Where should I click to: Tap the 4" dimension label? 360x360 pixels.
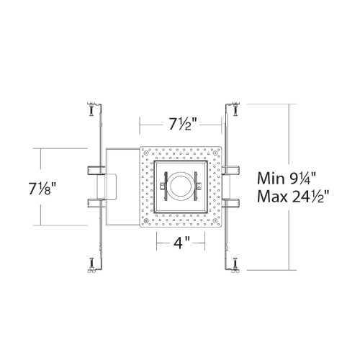[x=181, y=243]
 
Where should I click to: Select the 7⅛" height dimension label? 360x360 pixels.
[x=42, y=189]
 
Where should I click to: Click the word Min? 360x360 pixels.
[x=271, y=179]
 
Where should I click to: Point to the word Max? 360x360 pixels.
[x=272, y=197]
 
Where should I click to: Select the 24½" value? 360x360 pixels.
[x=310, y=197]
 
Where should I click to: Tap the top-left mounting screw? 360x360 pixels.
[x=91, y=109]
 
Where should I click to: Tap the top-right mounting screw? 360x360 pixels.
[x=236, y=109]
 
